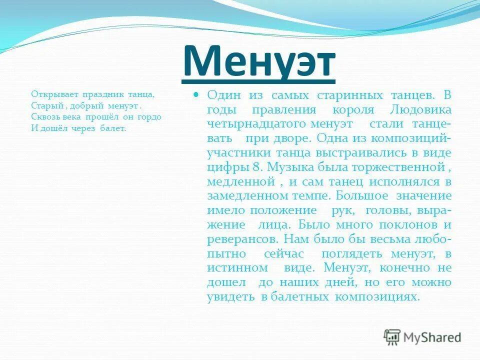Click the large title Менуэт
pos(258,61)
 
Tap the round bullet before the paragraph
pos(196,94)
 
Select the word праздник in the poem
pos(98,93)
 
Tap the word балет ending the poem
pos(114,128)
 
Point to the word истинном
pos(234,268)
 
